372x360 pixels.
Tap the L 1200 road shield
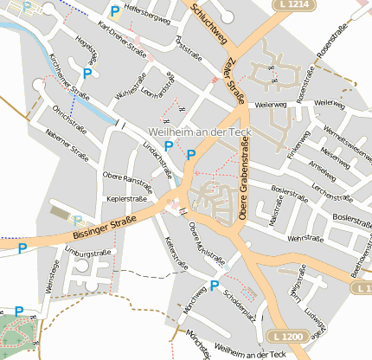click(x=286, y=336)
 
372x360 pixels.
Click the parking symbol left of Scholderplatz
click(x=215, y=285)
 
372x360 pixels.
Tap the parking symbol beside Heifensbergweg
click(x=114, y=12)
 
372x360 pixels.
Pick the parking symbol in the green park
click(x=19, y=312)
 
